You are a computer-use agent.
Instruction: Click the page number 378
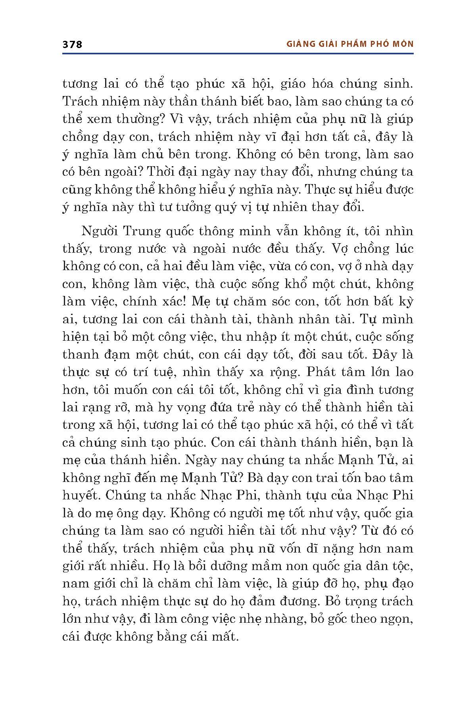click(x=72, y=44)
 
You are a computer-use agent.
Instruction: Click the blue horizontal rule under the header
click(x=238, y=53)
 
